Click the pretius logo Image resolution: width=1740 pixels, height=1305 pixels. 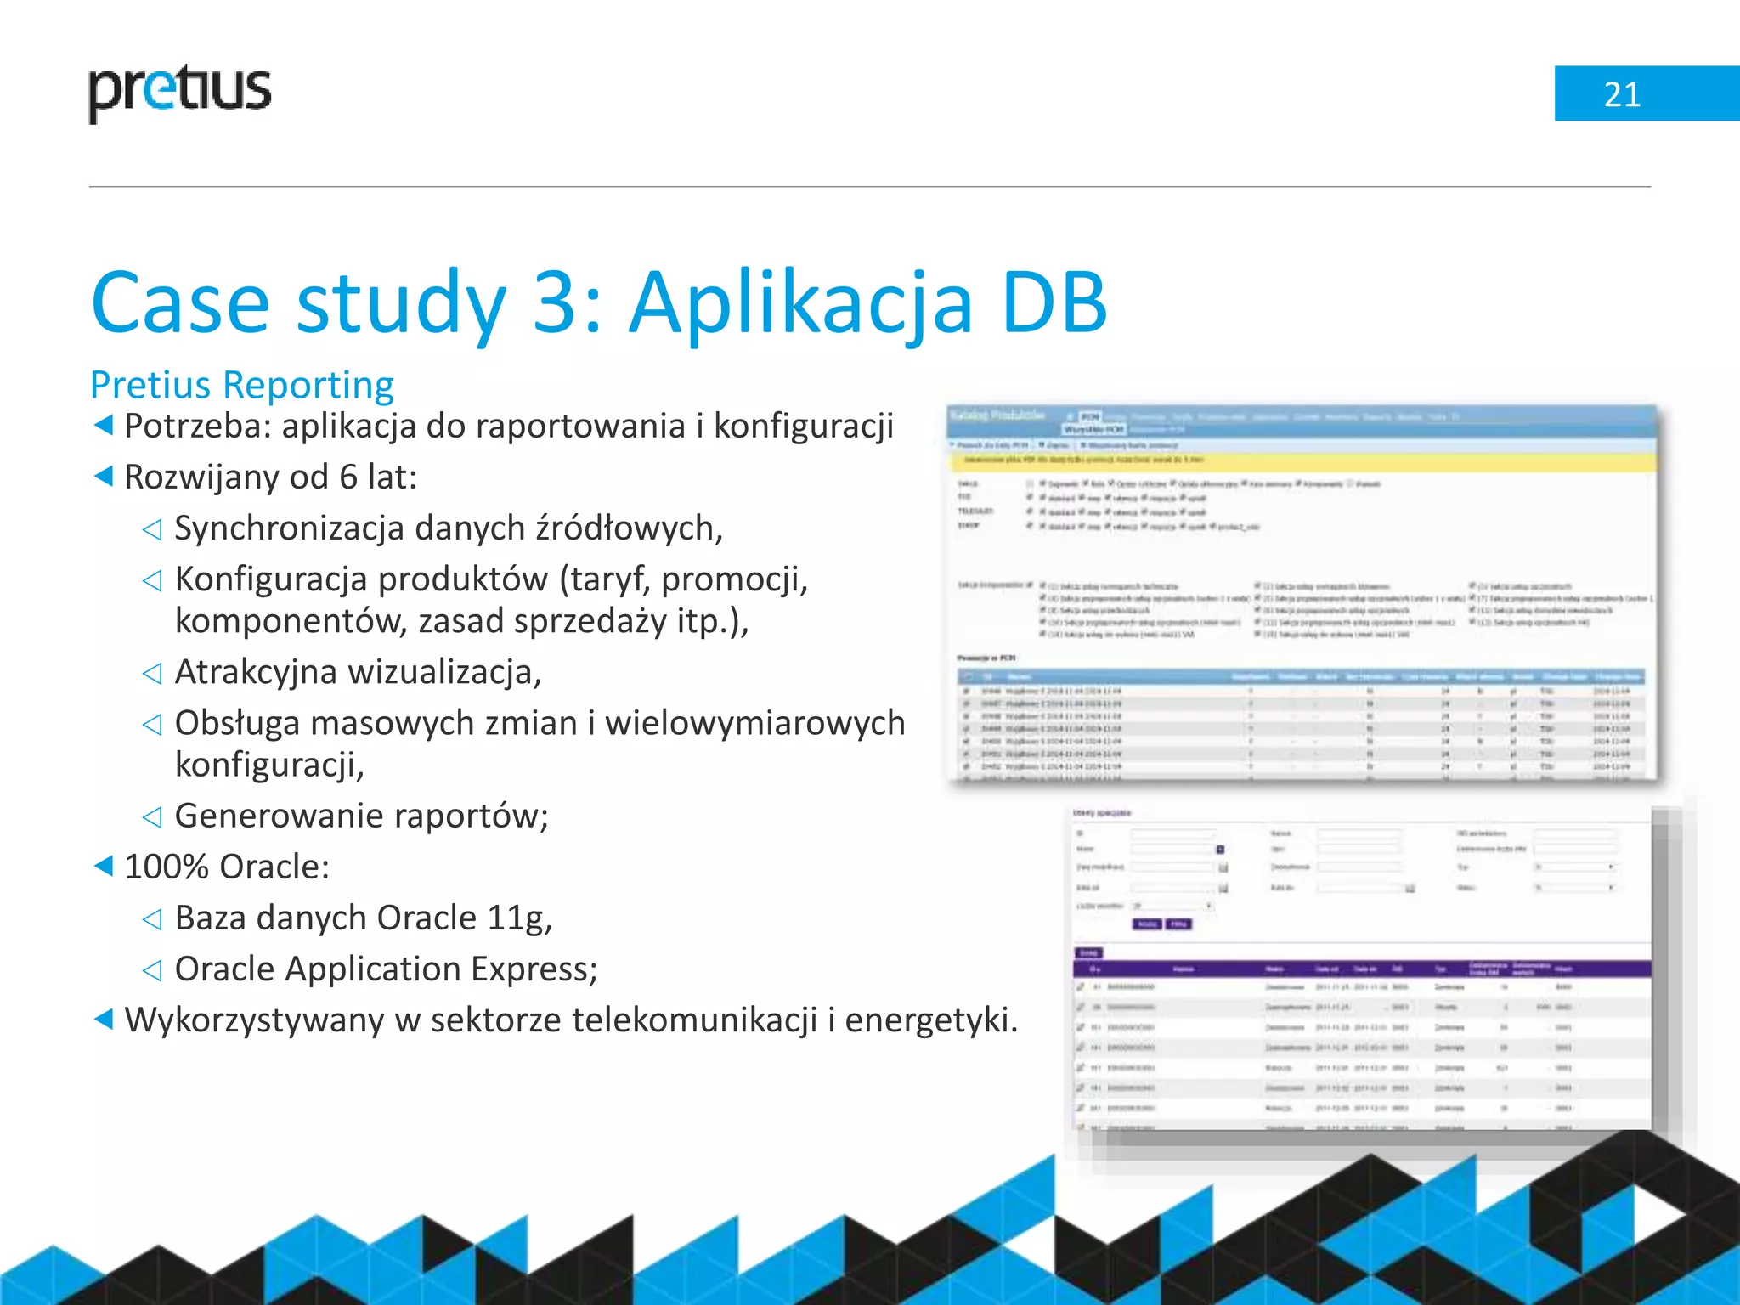point(180,92)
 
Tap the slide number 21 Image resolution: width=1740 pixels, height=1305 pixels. point(1621,94)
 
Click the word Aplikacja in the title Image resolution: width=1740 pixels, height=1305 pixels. point(799,303)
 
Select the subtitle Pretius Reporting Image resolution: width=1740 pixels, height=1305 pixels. point(242,385)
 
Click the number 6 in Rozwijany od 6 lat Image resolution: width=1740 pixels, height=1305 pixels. point(348,477)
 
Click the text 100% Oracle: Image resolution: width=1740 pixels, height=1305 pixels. point(227,867)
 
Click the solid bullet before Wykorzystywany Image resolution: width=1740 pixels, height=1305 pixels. point(103,1019)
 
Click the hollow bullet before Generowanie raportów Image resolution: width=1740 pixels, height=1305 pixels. point(152,817)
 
